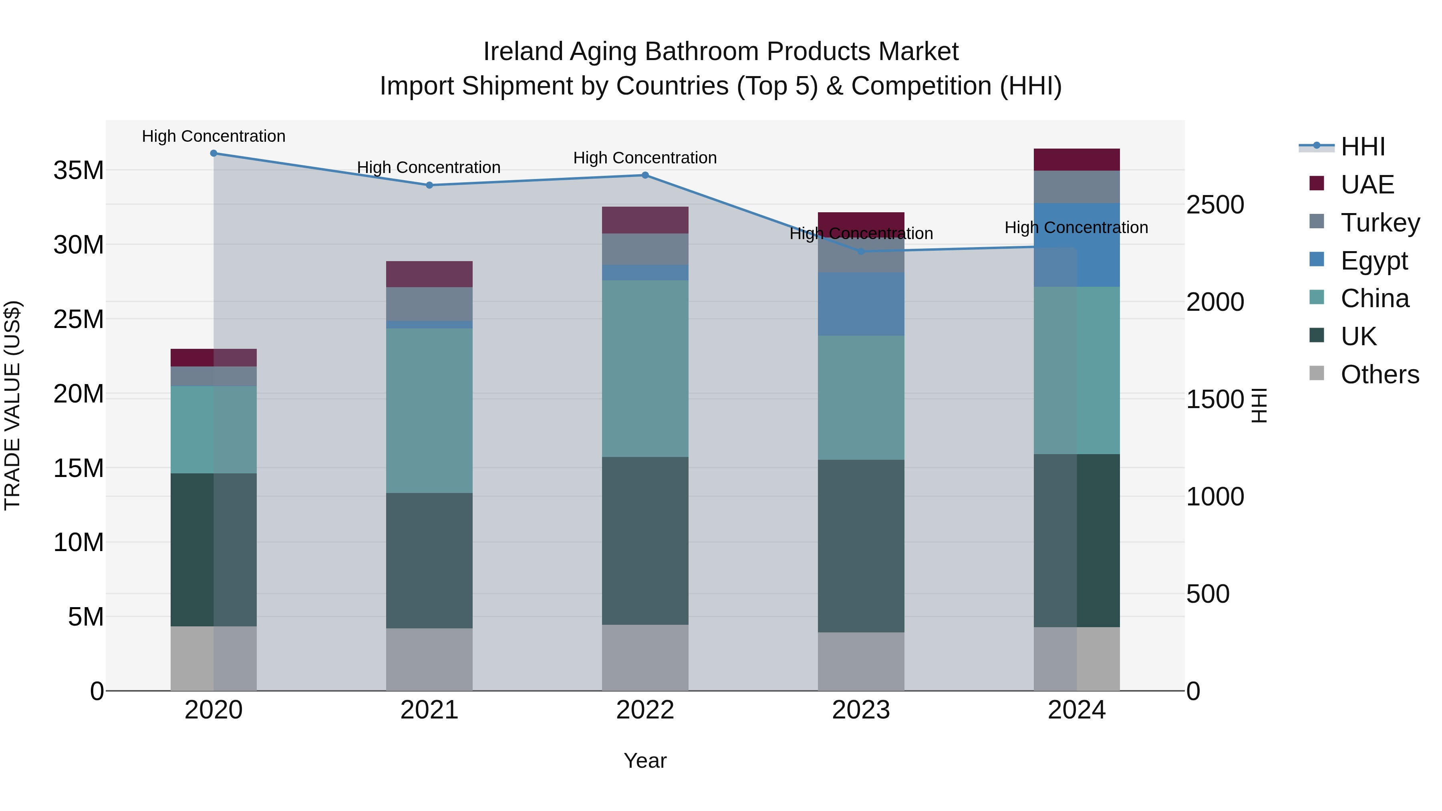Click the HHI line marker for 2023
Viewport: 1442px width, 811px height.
pos(861,251)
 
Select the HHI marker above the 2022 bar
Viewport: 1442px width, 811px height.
pos(645,175)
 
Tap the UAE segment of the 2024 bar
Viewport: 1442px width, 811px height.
pos(1076,159)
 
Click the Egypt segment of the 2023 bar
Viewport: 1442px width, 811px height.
pos(860,304)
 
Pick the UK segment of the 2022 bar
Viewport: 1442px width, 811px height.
pos(645,540)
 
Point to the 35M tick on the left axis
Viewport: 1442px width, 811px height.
pos(79,170)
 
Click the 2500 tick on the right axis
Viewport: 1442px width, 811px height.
pos(1215,205)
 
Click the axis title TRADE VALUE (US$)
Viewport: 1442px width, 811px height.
pos(12,405)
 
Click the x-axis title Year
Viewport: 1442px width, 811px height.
pos(645,761)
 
